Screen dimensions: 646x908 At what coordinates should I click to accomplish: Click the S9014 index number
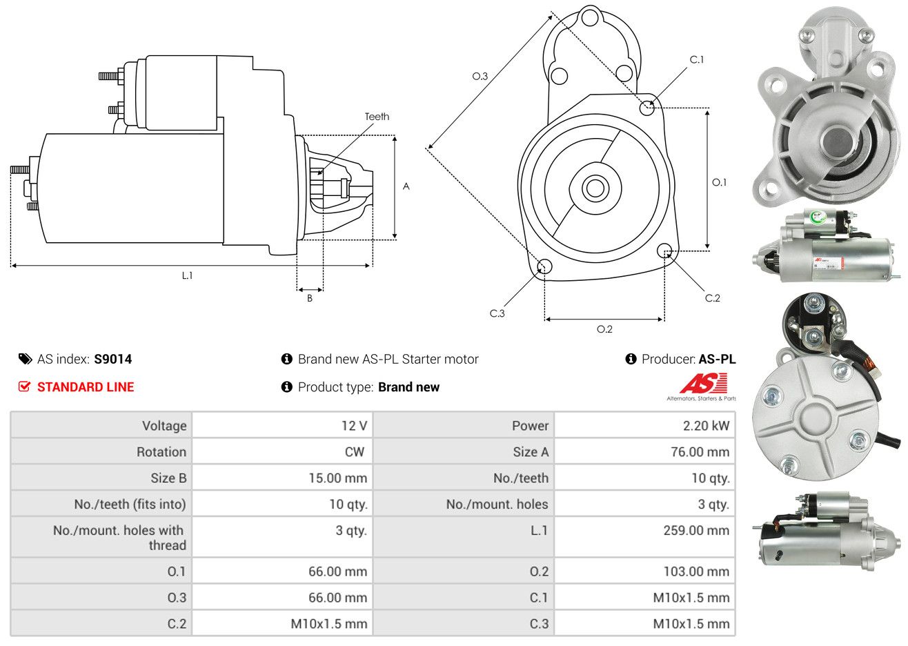tap(112, 359)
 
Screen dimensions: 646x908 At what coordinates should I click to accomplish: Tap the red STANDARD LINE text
tap(86, 387)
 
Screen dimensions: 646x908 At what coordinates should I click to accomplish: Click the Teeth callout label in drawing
tap(377, 117)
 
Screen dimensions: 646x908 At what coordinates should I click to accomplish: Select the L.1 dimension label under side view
tap(187, 275)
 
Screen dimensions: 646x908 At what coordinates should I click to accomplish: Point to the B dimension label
tap(310, 298)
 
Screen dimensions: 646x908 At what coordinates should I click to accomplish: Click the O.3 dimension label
tap(480, 76)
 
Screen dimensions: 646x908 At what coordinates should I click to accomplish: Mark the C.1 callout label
tap(697, 59)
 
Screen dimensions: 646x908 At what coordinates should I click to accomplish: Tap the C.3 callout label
tap(497, 313)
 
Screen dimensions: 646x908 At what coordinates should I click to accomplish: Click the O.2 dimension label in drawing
tap(604, 329)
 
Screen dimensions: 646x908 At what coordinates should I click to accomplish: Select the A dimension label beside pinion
tap(406, 186)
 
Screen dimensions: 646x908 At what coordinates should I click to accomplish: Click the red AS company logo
tap(703, 383)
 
